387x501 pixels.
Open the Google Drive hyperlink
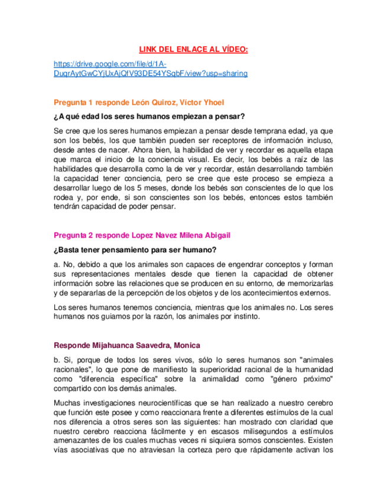click(150, 69)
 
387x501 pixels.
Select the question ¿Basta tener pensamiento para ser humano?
click(135, 249)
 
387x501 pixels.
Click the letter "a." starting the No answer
click(57, 264)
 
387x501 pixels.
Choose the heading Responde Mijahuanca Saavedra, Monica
click(126, 345)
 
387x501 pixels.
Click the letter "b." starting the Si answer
click(57, 360)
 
